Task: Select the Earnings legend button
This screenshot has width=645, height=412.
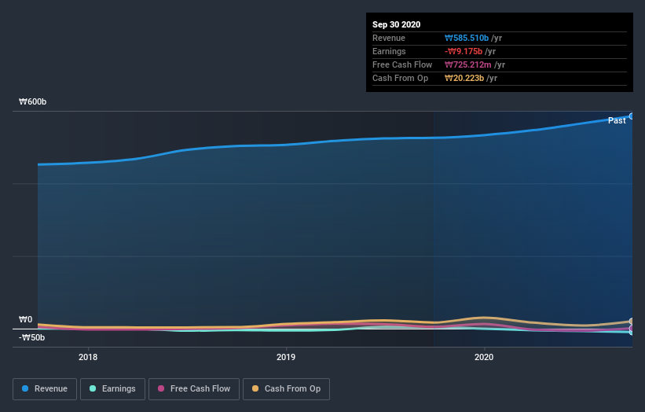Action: pos(112,388)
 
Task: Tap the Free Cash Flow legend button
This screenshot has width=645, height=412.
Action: pos(194,388)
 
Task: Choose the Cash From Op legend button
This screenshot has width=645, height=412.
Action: pos(286,388)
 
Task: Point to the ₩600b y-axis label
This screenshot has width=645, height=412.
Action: pos(32,102)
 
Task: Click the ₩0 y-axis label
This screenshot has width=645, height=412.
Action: pos(26,319)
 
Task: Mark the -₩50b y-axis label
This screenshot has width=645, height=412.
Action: pos(32,338)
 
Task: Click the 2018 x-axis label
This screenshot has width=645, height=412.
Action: pos(88,356)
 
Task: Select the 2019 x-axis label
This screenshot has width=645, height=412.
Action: pos(286,356)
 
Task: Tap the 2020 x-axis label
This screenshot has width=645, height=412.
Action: pos(484,356)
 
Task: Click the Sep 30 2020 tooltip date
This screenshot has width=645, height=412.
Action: pos(397,24)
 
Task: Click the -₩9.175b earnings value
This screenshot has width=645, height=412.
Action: pos(463,51)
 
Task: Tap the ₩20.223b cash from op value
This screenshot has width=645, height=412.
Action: pos(464,78)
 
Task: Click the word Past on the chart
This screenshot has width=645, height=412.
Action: pos(617,120)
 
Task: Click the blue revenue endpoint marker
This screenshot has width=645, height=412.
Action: pos(632,116)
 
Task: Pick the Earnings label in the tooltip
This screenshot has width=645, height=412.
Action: pos(389,51)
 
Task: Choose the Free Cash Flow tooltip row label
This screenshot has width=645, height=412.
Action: pos(401,64)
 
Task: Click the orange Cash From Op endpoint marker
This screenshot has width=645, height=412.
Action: pos(632,322)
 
